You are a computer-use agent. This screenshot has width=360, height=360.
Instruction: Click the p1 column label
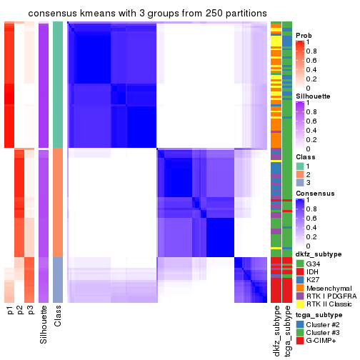coord(9,311)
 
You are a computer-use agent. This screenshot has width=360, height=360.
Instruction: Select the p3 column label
coord(31,311)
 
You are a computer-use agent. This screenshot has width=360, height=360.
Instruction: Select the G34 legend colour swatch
coord(300,264)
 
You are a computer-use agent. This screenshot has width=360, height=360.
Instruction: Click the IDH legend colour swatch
coord(300,273)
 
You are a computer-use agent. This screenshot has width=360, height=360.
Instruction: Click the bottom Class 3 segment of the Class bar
coord(58,279)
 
